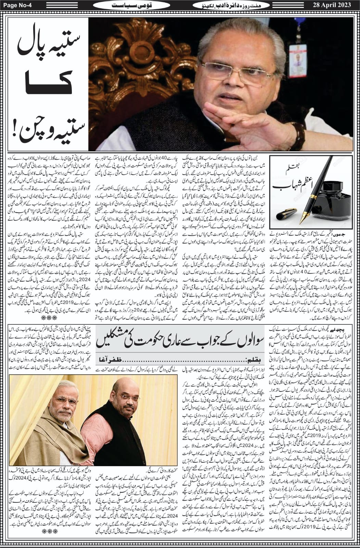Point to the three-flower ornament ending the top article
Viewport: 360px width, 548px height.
click(44, 318)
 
